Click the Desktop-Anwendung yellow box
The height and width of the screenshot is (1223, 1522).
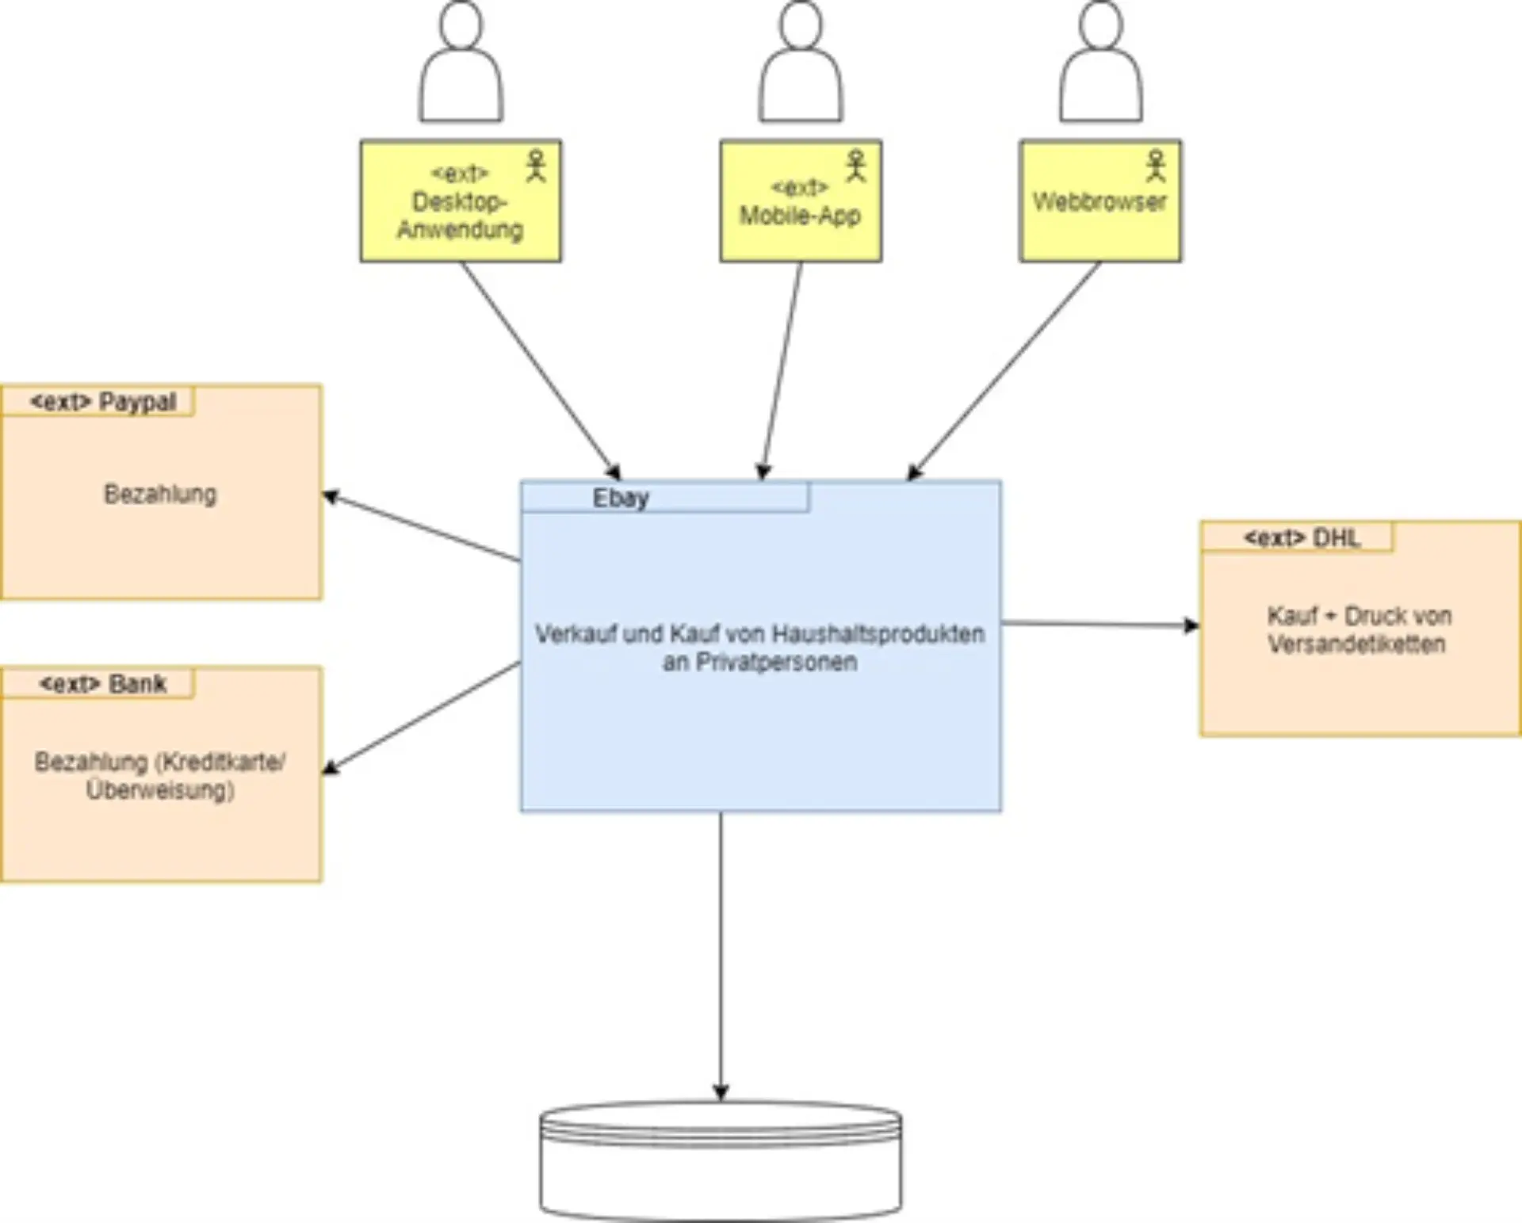click(460, 201)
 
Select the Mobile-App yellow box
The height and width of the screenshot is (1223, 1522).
click(800, 201)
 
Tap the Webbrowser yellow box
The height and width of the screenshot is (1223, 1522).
click(1099, 201)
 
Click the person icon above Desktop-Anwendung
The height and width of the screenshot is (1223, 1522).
click(461, 63)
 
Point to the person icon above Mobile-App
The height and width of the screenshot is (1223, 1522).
click(800, 63)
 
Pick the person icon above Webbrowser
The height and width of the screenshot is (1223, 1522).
click(1100, 63)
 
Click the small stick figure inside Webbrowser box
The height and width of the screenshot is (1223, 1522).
click(1156, 166)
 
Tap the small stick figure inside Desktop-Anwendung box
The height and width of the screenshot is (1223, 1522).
click(536, 166)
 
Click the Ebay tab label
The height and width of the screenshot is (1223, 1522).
click(621, 498)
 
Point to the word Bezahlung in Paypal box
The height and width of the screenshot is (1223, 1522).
click(160, 494)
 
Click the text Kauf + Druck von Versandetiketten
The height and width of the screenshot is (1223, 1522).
click(1358, 629)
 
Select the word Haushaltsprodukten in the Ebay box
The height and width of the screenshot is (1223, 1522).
click(878, 633)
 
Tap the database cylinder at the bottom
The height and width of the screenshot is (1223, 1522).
click(720, 1162)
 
